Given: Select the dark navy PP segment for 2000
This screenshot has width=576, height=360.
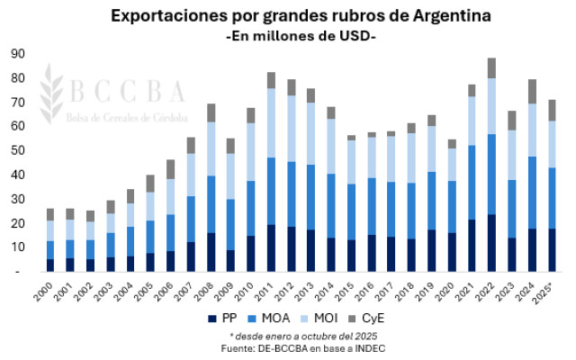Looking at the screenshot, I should tap(50, 265).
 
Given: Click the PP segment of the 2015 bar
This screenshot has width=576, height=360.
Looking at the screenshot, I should tap(352, 255).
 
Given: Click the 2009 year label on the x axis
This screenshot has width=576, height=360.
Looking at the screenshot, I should tap(229, 290).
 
